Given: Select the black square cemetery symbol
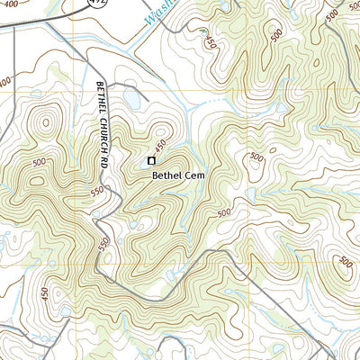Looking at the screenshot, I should pos(150,161).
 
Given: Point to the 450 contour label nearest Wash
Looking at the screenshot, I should pos(210,40).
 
